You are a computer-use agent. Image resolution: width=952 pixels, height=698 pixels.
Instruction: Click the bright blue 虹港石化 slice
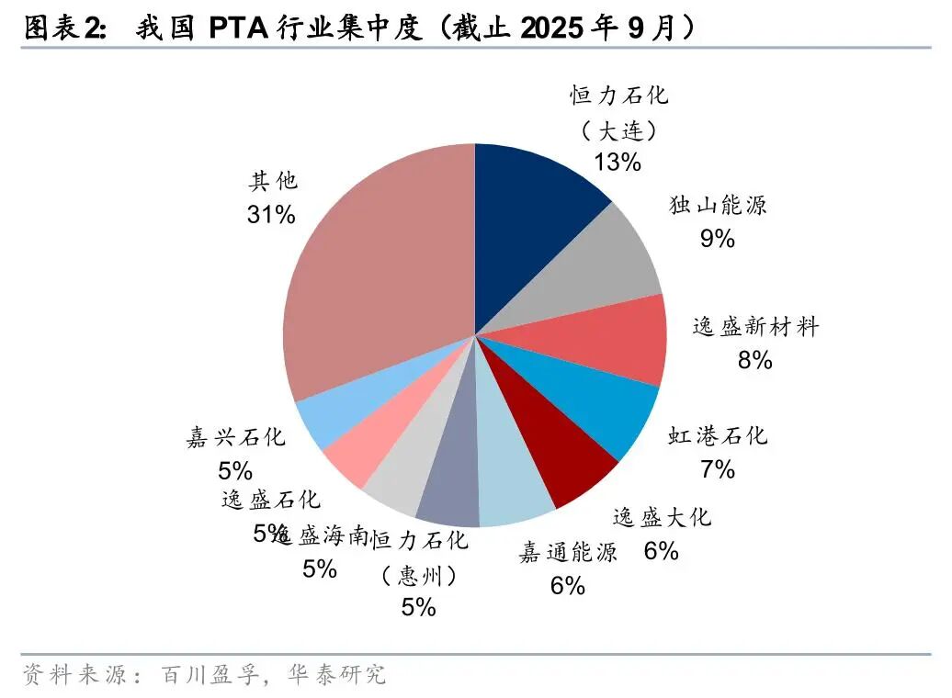(597, 404)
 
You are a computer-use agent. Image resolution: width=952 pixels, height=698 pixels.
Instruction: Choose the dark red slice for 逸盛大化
(565, 459)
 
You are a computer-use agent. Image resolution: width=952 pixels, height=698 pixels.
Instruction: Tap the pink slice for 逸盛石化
(368, 441)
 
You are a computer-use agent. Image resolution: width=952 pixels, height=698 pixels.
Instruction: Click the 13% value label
(617, 163)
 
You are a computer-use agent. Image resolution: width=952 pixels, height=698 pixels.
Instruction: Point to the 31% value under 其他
(271, 215)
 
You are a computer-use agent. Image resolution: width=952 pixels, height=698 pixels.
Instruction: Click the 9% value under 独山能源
(718, 239)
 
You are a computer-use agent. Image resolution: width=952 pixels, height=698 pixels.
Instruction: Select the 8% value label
(754, 361)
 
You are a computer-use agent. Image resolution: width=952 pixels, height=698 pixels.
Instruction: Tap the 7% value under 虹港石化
(718, 469)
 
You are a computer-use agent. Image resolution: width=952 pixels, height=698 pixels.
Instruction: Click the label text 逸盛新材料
(754, 327)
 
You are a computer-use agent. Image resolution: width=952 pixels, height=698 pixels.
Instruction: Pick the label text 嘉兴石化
(236, 438)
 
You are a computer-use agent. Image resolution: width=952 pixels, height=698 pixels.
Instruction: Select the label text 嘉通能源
(568, 552)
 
